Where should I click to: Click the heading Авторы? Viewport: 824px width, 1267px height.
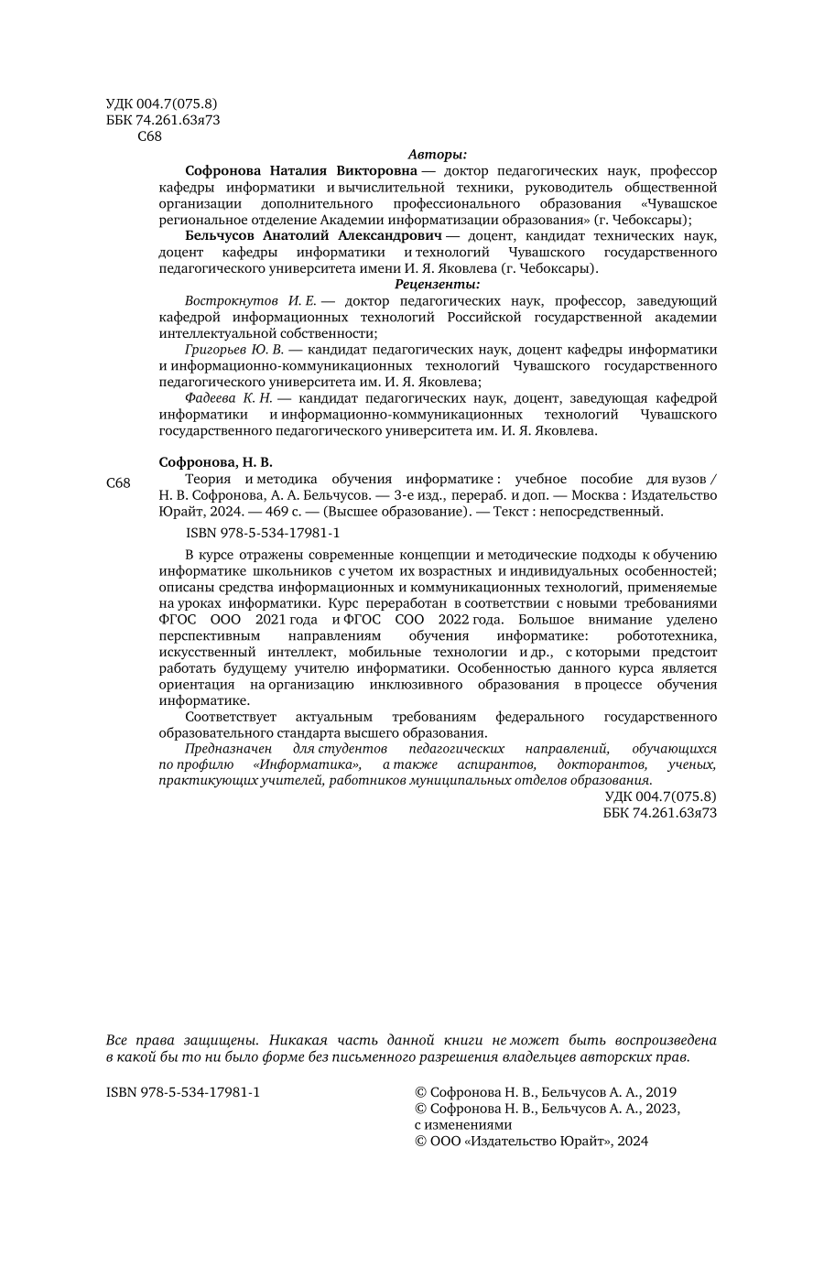(x=438, y=155)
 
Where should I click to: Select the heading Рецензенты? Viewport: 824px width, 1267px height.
(x=438, y=285)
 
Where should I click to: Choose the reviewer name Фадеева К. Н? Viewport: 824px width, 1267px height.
(x=229, y=398)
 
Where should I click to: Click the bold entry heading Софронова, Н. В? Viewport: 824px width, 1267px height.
(x=216, y=462)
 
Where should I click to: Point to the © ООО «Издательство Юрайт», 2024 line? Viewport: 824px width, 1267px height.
(x=531, y=1142)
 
